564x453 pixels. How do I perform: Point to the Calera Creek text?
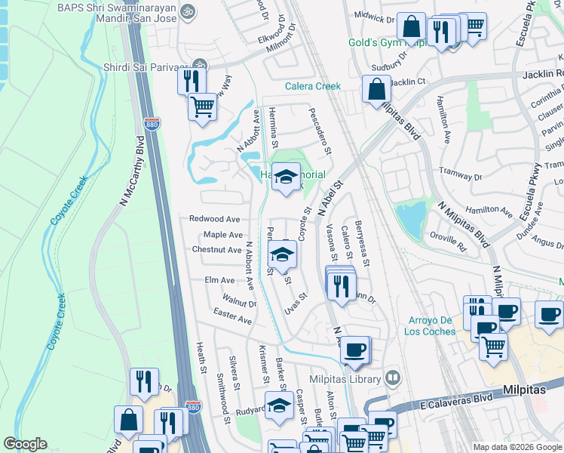point(313,86)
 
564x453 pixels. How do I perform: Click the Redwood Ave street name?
point(215,218)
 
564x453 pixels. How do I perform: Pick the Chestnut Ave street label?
point(216,249)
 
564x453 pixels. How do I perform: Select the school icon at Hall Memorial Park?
point(286,177)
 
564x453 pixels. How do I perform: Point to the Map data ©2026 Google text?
point(516,447)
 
